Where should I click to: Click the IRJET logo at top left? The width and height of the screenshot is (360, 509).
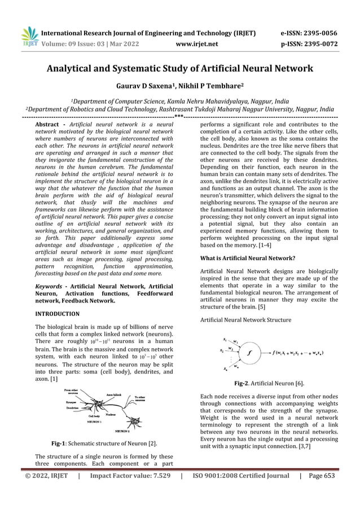[29, 37]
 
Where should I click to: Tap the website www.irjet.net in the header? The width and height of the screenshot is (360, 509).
[196, 42]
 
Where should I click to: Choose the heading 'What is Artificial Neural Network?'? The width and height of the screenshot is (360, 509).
[248, 258]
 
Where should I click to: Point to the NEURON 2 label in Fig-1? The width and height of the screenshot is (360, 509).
[135, 429]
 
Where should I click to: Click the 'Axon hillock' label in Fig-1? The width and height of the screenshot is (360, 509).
[115, 394]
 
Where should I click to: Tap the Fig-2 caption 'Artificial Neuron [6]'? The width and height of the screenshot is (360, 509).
[269, 383]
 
